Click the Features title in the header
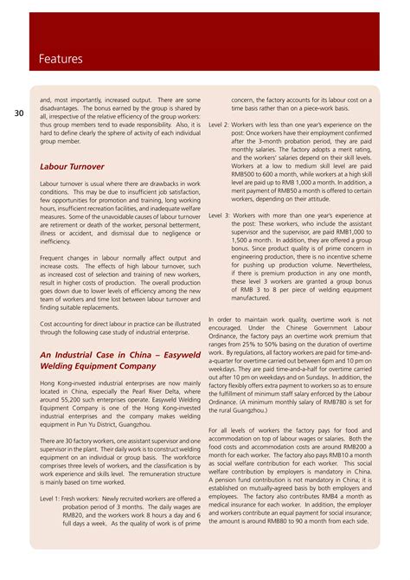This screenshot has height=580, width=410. coord(61,59)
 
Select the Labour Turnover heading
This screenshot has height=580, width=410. coord(72,165)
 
